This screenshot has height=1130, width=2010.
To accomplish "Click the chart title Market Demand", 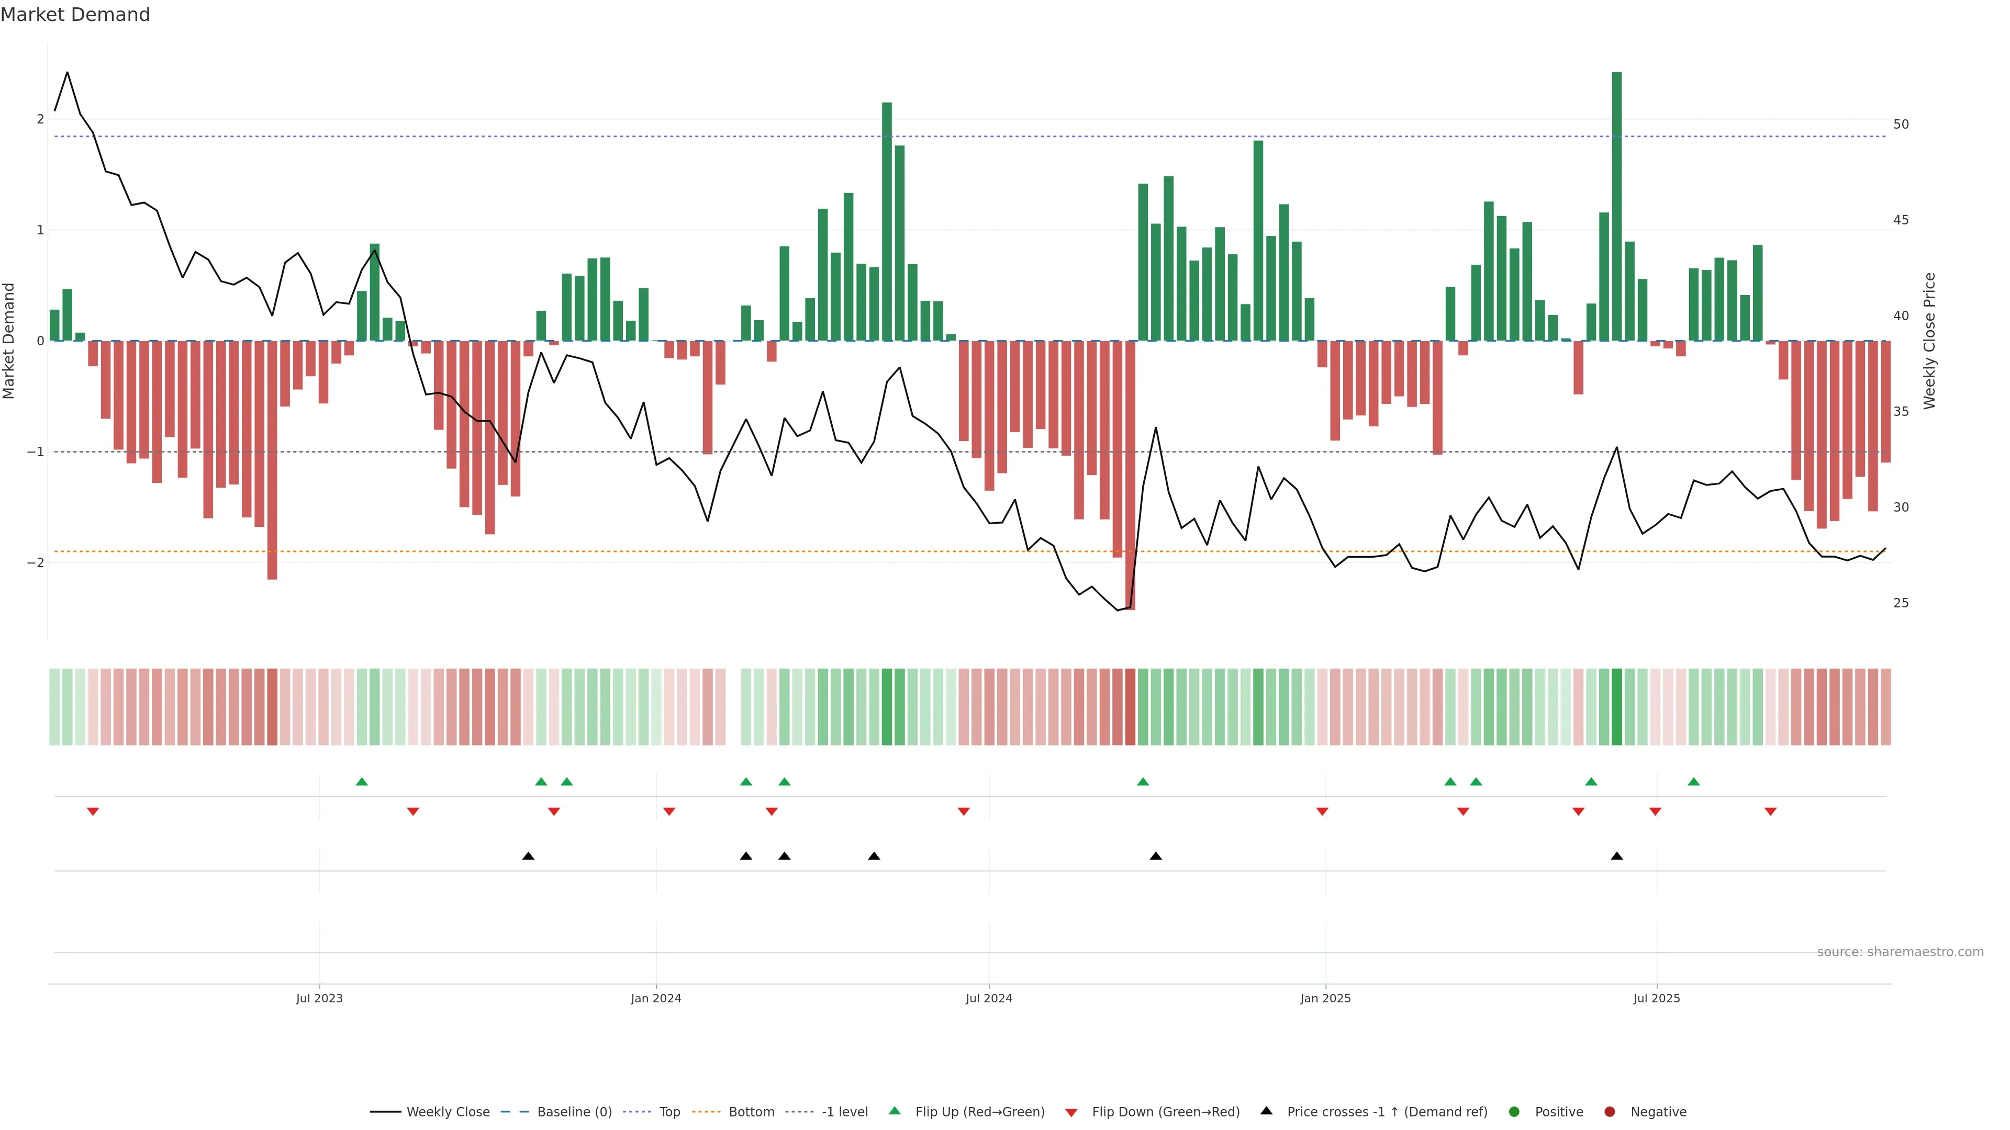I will [75, 15].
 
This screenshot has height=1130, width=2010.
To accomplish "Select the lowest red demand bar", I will [1130, 475].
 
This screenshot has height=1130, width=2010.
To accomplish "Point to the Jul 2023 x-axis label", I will [319, 998].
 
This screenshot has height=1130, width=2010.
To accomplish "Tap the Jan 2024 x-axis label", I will [655, 998].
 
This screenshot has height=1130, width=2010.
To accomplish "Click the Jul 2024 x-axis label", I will [989, 998].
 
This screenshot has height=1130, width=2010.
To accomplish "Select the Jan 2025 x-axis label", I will [1325, 998].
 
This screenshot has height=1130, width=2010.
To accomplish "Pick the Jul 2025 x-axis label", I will [1657, 998].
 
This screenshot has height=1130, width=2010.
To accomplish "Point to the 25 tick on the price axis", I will [1901, 603].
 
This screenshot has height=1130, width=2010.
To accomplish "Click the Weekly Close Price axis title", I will [1929, 341].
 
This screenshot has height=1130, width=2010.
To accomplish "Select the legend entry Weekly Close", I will [447, 1112].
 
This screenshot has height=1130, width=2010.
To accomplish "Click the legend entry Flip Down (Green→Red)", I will [1165, 1112].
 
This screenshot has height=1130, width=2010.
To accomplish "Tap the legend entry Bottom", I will [751, 1112].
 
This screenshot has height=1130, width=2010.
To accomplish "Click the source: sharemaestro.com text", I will [1900, 952].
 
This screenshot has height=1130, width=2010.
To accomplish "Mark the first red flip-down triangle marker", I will [93, 812].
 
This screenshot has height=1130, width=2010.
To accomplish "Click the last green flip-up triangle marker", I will [1693, 782].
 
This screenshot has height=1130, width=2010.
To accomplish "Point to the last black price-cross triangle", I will [1617, 856].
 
